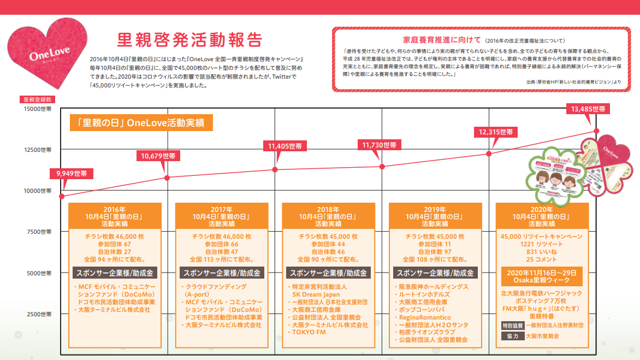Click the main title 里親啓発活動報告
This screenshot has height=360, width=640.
(189, 40)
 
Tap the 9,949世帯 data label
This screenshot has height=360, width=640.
(72, 174)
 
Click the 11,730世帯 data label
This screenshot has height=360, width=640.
(379, 145)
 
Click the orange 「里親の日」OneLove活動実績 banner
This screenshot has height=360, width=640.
(141, 123)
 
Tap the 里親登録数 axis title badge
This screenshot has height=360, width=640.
(37, 100)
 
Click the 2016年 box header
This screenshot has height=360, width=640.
(114, 216)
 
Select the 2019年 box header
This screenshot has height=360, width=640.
(435, 216)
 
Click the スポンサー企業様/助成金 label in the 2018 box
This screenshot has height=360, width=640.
(328, 273)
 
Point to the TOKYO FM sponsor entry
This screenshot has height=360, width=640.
(309, 332)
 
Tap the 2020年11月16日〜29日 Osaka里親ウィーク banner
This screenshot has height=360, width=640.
(542, 276)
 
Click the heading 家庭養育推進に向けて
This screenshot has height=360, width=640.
(442, 40)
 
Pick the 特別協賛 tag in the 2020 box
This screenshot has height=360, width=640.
(512, 324)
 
